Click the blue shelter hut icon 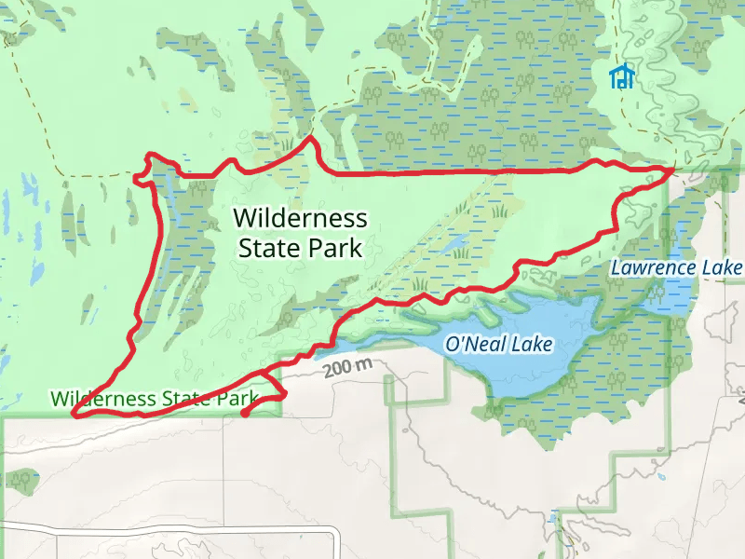pyautogui.click(x=621, y=76)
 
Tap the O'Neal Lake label pyautogui.click(x=499, y=344)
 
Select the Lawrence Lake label pyautogui.click(x=676, y=268)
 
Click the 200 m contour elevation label pyautogui.click(x=347, y=367)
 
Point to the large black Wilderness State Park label pyautogui.click(x=300, y=233)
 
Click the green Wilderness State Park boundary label pyautogui.click(x=155, y=399)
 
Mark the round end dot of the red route pyautogui.click(x=244, y=413)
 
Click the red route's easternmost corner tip pyautogui.click(x=672, y=169)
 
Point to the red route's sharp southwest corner pyautogui.click(x=76, y=415)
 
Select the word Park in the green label pyautogui.click(x=237, y=399)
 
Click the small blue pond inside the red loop pyautogui.click(x=456, y=244)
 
